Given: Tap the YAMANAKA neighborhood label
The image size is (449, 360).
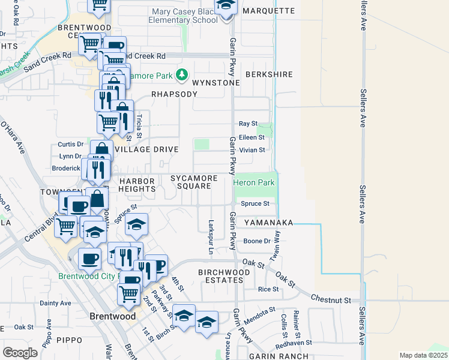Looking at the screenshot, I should pyautogui.click(x=269, y=223).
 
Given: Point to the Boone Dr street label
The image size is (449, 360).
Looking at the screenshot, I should pyautogui.click(x=258, y=241).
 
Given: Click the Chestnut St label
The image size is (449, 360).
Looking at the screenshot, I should pyautogui.click(x=331, y=298).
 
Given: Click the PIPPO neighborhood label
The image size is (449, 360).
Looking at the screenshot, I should pyautogui.click(x=69, y=340).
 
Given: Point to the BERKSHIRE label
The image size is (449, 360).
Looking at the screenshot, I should pyautogui.click(x=269, y=74).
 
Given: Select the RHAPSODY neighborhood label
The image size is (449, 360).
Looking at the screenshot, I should pyautogui.click(x=174, y=94).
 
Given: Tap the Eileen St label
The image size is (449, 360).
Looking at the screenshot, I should pyautogui.click(x=252, y=137).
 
